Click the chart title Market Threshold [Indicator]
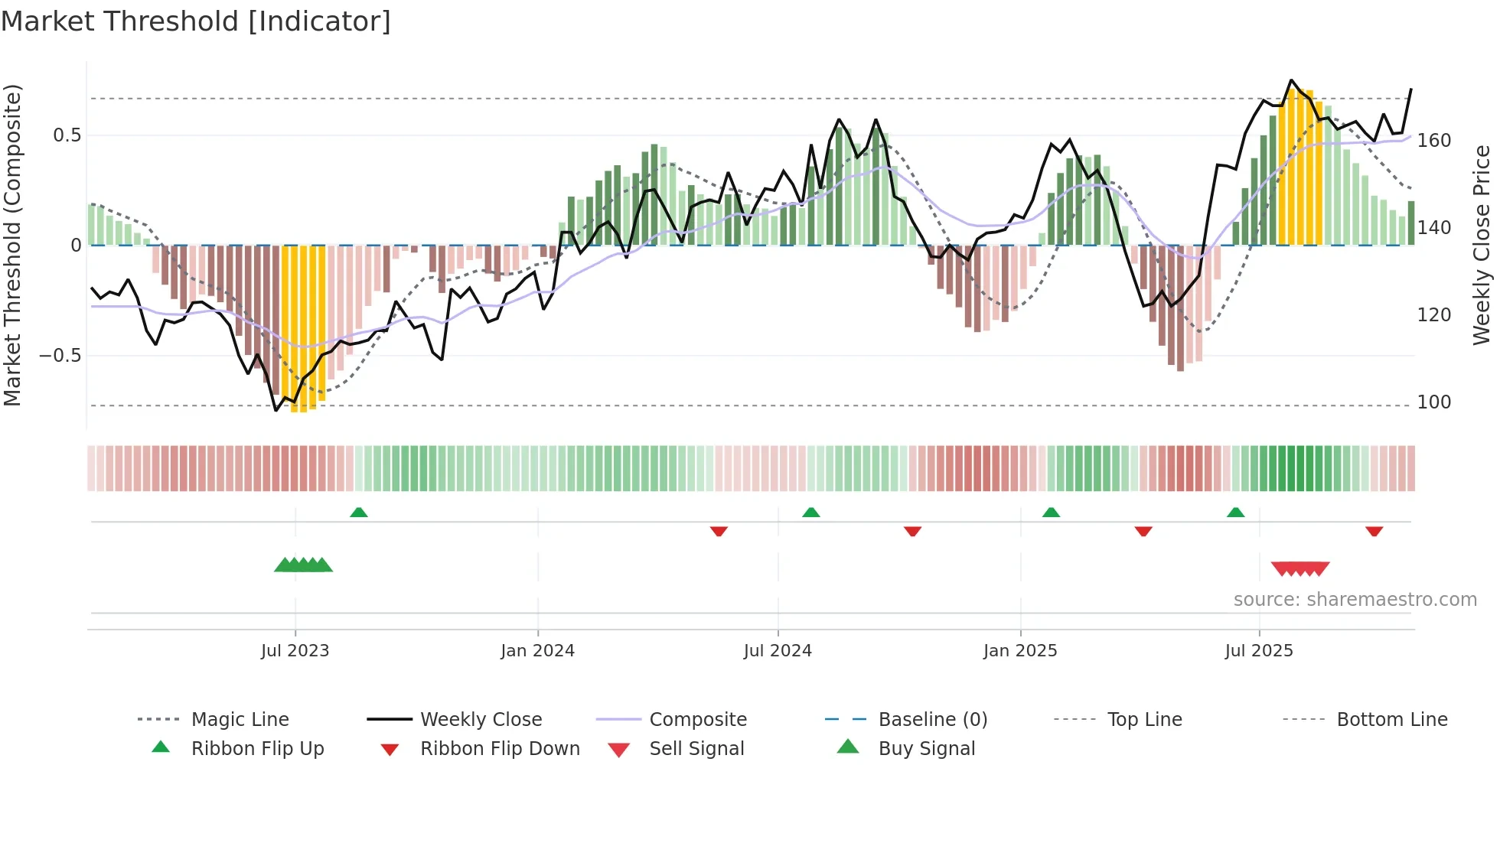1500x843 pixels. coord(196,21)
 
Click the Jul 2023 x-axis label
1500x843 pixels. coord(295,650)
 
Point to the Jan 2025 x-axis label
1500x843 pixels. coord(1019,650)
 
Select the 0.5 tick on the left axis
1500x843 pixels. coord(67,135)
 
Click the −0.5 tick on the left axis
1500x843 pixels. coord(60,356)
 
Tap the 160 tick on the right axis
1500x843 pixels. coord(1433,141)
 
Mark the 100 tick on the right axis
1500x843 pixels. coord(1433,402)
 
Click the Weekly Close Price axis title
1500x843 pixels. coord(1482,245)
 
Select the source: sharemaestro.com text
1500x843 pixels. coord(1355,600)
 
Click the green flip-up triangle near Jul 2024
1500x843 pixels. coord(811,513)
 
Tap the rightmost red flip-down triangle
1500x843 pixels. coord(1374,531)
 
